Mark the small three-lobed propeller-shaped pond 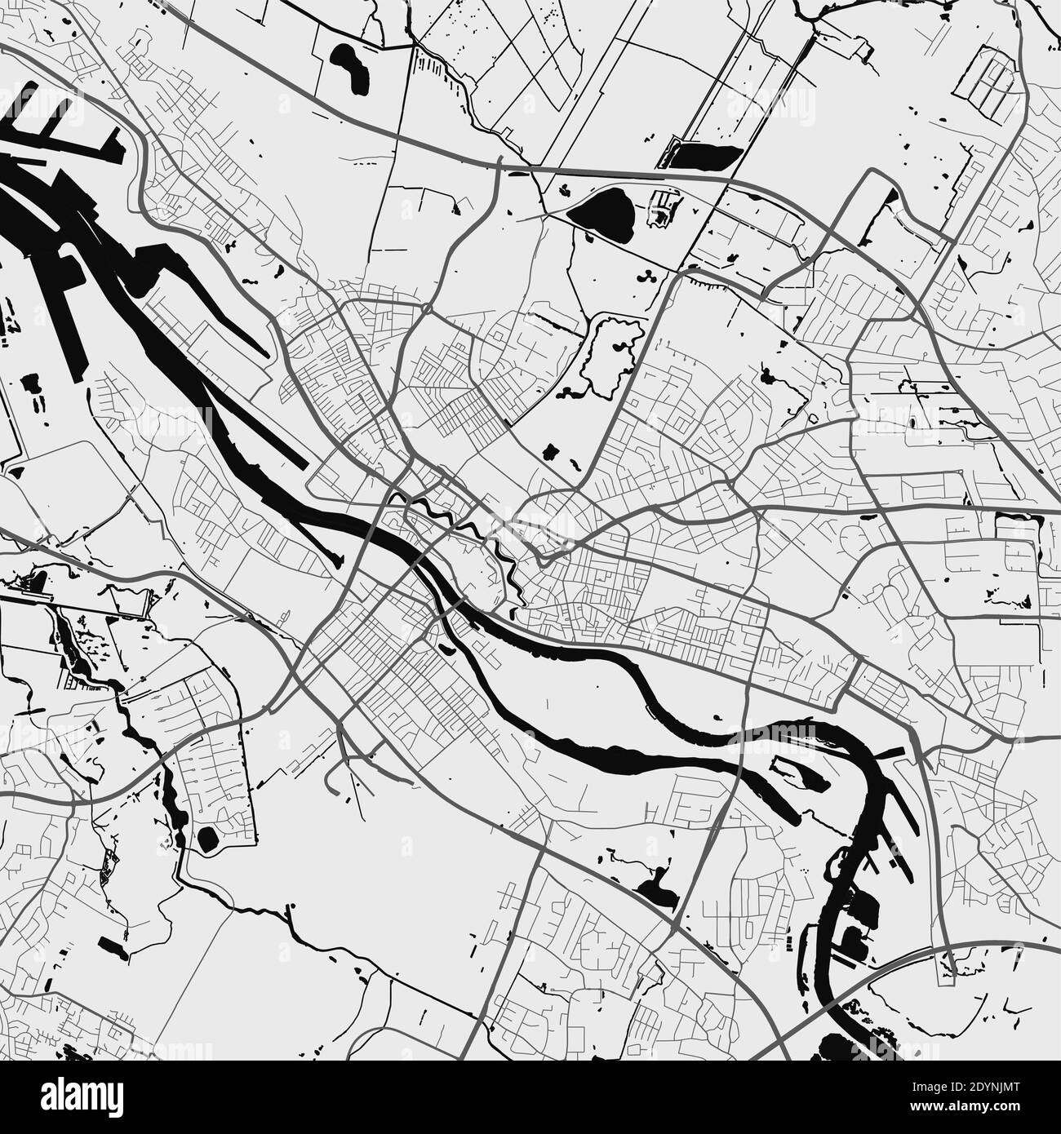(x=648, y=276)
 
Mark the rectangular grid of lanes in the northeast (x=992, y=75)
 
